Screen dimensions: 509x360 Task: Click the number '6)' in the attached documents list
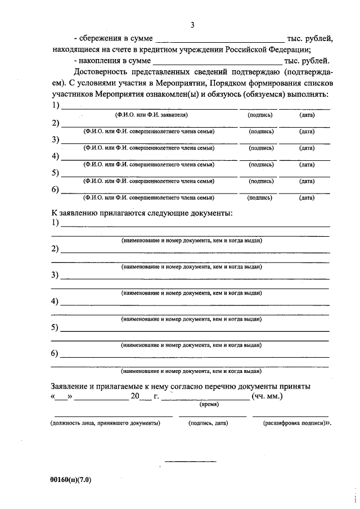[55, 353]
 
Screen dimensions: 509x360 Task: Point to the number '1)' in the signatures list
[55, 105]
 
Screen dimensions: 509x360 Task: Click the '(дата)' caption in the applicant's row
[307, 115]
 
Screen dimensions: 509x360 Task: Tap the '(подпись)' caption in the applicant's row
[261, 115]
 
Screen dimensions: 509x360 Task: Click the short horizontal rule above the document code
[190, 462]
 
